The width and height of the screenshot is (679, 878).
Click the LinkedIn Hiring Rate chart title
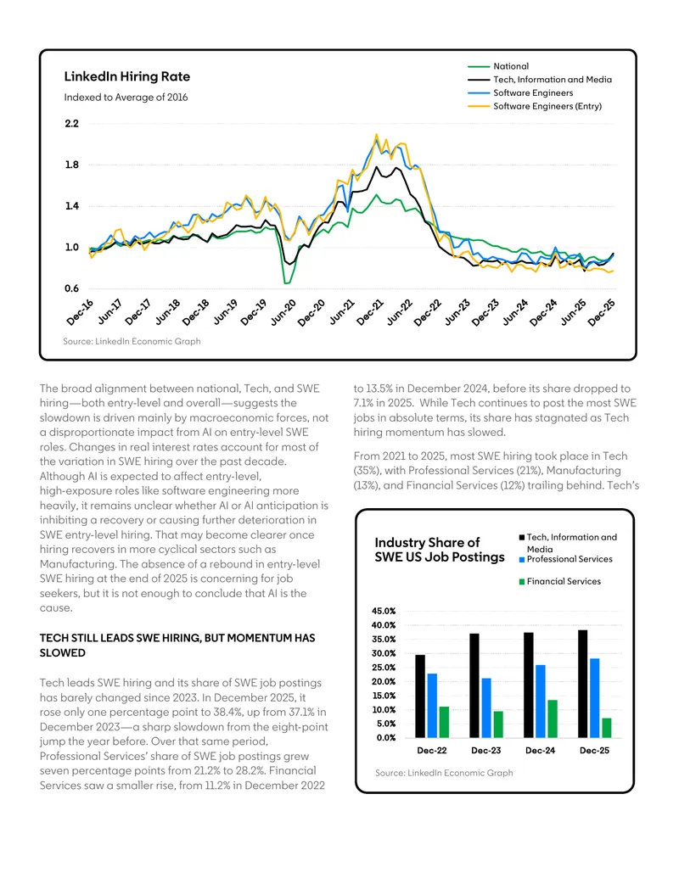click(x=127, y=76)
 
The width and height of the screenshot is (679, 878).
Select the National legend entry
click(x=498, y=66)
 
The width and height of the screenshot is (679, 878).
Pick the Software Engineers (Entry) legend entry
click(x=535, y=106)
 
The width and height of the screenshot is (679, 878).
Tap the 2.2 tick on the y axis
click(x=71, y=124)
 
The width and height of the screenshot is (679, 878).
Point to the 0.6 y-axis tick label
click(x=71, y=289)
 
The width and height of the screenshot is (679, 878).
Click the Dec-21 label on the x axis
click(x=370, y=312)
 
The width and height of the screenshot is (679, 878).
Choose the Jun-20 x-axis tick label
click(x=283, y=312)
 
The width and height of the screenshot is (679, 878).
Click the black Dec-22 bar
click(x=419, y=696)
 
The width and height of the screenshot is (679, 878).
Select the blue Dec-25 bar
click(x=594, y=698)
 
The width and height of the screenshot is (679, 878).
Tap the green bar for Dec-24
click(x=552, y=719)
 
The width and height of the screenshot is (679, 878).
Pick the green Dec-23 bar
click(x=498, y=724)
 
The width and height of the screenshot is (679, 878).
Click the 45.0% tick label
click(x=384, y=611)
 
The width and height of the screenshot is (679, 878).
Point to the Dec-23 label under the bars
click(x=485, y=751)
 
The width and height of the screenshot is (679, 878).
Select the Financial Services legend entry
click(x=559, y=581)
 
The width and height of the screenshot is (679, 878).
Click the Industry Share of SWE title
click(x=440, y=550)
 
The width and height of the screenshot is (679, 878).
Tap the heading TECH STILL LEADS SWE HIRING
click(x=177, y=645)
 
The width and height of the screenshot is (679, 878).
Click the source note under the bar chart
click(x=444, y=773)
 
